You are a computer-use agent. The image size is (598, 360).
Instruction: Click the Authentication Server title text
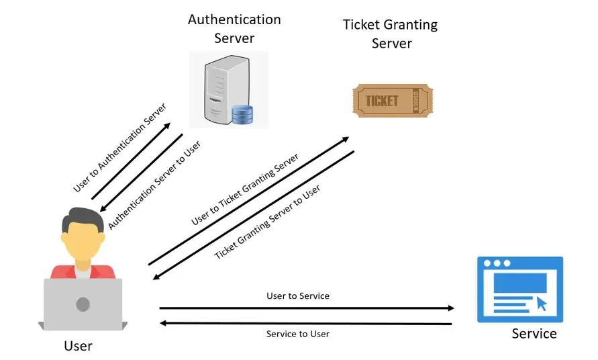click(x=234, y=28)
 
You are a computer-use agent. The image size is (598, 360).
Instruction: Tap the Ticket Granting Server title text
click(x=390, y=34)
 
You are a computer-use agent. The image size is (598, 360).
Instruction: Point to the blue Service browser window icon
click(x=519, y=289)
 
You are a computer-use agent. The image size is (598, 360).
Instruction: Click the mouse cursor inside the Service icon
click(x=542, y=304)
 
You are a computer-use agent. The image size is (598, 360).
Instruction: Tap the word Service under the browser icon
click(x=534, y=333)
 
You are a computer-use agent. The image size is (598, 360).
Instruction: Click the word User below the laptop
click(x=78, y=346)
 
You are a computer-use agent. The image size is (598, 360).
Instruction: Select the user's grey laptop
click(x=83, y=304)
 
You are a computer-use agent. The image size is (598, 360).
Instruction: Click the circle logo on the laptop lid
click(x=83, y=304)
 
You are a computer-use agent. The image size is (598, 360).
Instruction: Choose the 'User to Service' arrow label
click(x=298, y=296)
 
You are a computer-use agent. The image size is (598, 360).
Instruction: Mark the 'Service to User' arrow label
click(x=298, y=334)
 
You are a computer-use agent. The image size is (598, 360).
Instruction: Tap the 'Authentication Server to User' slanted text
click(x=155, y=185)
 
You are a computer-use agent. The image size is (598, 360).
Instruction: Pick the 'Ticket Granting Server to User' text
click(x=267, y=222)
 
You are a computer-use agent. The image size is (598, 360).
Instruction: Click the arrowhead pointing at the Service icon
click(x=450, y=308)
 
